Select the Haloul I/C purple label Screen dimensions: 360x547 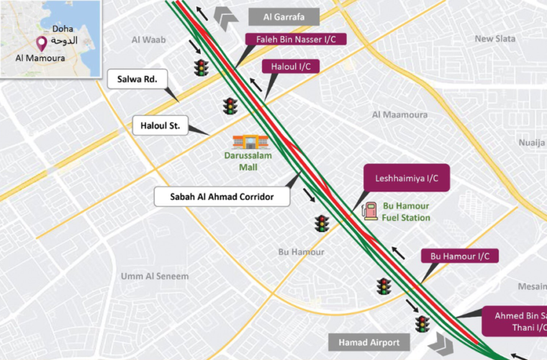290,67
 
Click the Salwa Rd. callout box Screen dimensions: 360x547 137,79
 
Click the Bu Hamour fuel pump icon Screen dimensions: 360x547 370,210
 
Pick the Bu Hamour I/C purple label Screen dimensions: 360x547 459,256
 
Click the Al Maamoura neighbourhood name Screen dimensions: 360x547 399,114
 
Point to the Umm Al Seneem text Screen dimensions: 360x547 155,276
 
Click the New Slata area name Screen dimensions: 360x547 494,39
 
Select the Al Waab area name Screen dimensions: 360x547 149,40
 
